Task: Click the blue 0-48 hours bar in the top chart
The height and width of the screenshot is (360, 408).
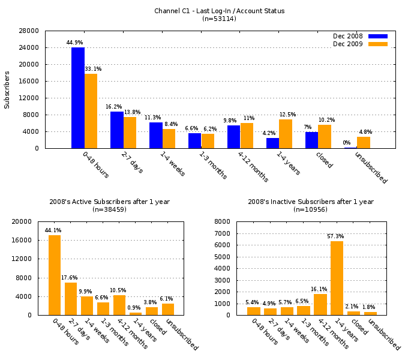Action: [x=78, y=97]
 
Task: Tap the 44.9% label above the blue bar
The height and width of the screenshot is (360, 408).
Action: [x=74, y=43]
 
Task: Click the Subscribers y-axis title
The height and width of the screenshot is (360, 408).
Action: [x=7, y=89]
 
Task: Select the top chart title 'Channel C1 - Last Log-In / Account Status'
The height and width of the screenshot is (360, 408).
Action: [x=219, y=11]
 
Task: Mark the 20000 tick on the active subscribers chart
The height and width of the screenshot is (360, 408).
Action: [x=22, y=221]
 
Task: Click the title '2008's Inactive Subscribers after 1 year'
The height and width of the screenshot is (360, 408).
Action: [x=311, y=202]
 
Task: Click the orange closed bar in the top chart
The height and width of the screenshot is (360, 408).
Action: [x=325, y=136]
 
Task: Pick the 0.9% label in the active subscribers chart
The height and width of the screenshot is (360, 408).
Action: [x=135, y=308]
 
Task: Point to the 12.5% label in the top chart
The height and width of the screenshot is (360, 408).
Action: [x=287, y=115]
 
